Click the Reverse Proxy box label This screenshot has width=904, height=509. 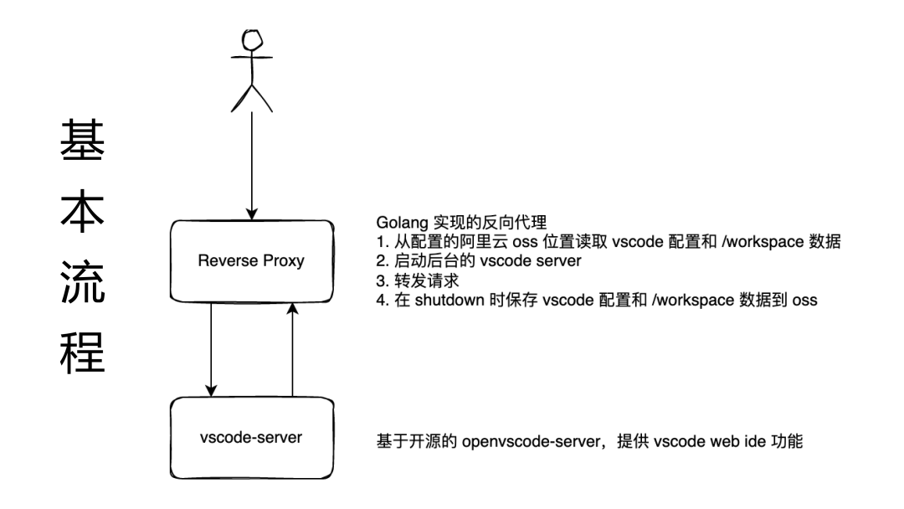tap(251, 260)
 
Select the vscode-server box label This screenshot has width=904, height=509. tap(251, 438)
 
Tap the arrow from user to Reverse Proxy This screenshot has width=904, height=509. tap(251, 166)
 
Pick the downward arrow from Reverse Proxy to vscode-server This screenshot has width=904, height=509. tap(211, 349)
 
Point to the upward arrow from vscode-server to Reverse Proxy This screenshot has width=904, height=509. tap(292, 349)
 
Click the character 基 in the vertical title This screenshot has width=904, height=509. tap(82, 140)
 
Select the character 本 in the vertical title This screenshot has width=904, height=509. tap(82, 210)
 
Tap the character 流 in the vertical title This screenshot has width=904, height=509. tap(82, 281)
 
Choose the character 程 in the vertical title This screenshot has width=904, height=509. tap(82, 352)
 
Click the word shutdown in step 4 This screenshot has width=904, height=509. tap(449, 300)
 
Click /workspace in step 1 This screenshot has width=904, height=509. tap(763, 242)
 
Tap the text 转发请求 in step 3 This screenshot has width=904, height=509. tap(427, 280)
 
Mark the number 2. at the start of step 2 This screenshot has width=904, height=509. tap(383, 261)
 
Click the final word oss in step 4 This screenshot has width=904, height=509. tap(804, 301)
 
